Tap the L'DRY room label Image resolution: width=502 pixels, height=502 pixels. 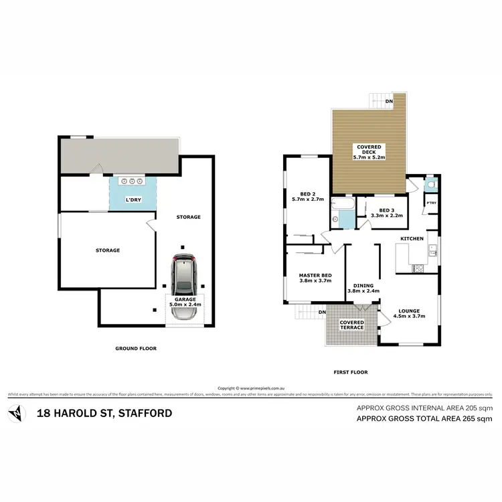(x=133, y=200)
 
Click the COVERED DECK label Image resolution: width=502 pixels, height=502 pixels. (x=369, y=152)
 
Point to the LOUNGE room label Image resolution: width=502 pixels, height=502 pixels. (x=408, y=314)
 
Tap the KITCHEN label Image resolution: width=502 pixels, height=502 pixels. (x=412, y=239)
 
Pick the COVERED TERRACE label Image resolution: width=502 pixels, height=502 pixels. (x=351, y=325)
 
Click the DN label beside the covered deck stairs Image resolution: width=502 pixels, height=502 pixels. (x=389, y=102)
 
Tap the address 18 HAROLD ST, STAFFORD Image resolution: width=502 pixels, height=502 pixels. (x=104, y=413)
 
